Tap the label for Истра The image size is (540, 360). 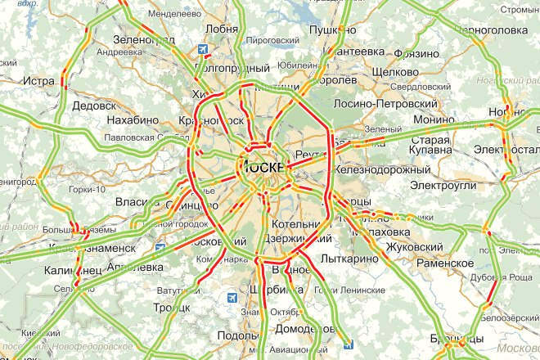coord(38,81)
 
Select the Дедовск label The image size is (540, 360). coord(94,106)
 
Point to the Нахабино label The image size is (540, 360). coord(131,119)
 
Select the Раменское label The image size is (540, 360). coord(446,263)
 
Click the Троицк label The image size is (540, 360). coord(172,308)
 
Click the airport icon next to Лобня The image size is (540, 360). coord(201,49)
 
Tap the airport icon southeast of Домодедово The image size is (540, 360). coord(349,344)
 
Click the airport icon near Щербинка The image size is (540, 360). coord(233,297)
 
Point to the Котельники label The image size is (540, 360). coord(295,224)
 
